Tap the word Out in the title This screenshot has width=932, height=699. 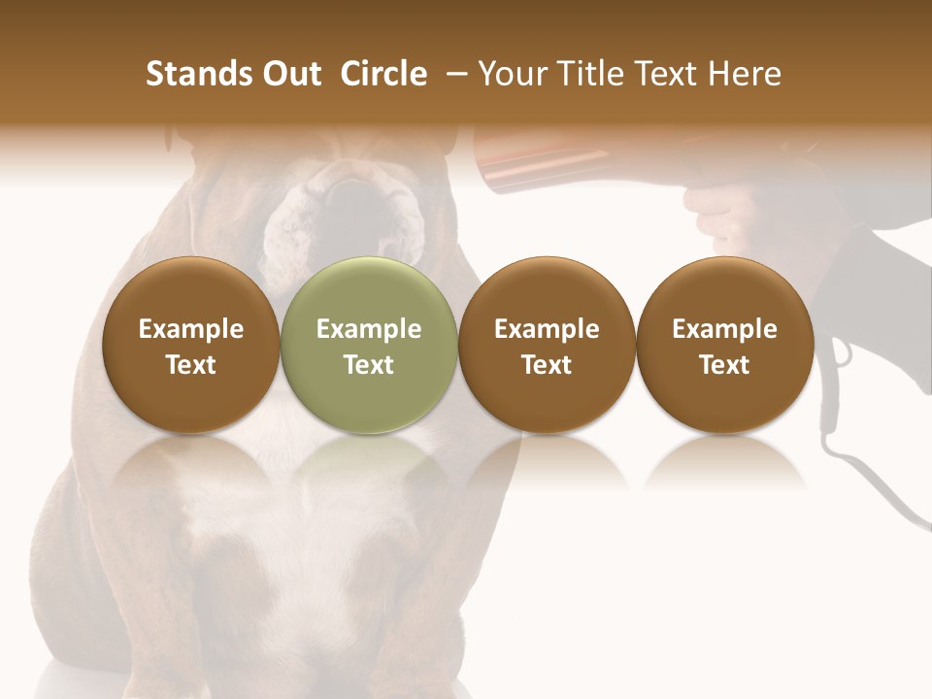click(288, 74)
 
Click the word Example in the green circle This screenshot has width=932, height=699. click(369, 329)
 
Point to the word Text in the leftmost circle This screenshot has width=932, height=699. click(191, 365)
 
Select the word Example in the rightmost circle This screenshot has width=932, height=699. click(724, 329)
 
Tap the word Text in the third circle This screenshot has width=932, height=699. click(547, 365)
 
